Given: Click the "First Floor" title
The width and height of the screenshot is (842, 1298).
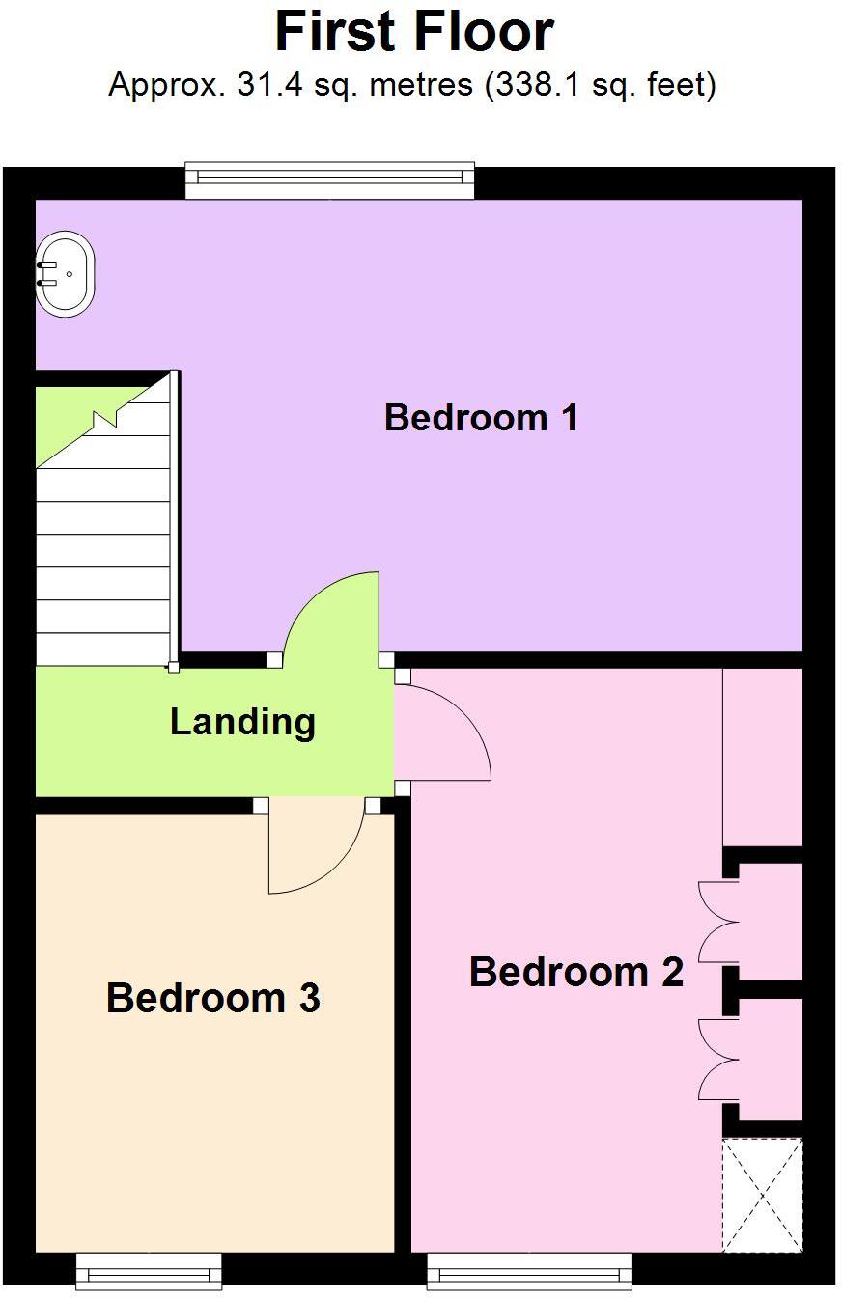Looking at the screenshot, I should click(414, 32).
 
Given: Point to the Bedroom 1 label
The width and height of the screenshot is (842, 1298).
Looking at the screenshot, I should click(481, 418).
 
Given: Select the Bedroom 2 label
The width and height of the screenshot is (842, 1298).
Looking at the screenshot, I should click(576, 972).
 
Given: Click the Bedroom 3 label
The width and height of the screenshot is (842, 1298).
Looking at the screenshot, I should click(212, 998).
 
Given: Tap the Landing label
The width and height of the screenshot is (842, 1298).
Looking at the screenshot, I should click(242, 722).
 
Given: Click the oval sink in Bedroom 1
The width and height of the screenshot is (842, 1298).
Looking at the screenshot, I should click(66, 273).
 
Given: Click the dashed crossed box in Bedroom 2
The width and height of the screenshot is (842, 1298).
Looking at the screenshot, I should click(763, 1195).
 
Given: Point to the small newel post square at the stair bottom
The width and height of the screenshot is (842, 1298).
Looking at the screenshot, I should click(173, 666).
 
